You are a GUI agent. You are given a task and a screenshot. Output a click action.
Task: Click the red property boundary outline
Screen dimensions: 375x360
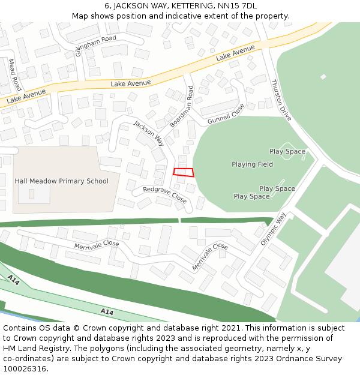pyautogui.click(x=184, y=172)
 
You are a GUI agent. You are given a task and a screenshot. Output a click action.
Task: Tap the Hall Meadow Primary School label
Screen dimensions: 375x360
pyautogui.click(x=61, y=181)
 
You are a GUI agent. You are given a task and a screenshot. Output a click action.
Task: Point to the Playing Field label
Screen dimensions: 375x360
pyautogui.click(x=252, y=164)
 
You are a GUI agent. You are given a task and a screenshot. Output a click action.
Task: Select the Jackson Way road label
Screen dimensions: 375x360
pyautogui.click(x=148, y=133)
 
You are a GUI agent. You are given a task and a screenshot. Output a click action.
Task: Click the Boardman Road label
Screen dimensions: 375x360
pyautogui.click(x=182, y=106)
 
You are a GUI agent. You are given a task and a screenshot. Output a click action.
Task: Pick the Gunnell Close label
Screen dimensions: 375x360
pyautogui.click(x=226, y=113)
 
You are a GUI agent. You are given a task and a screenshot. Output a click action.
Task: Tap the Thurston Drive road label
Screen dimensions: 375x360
pyautogui.click(x=281, y=100)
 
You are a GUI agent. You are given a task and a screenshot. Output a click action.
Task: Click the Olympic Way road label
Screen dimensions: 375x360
pyautogui.click(x=274, y=228)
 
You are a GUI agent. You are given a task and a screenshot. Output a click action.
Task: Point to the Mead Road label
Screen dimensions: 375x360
pyautogui.click(x=15, y=74)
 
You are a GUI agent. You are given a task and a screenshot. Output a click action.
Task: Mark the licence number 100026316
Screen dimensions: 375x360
pyautogui.click(x=25, y=369)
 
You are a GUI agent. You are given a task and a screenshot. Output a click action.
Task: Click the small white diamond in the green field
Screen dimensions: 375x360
pyautogui.click(x=323, y=77)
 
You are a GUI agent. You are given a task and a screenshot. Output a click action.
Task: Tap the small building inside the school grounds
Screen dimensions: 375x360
pyautogui.click(x=31, y=194)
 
